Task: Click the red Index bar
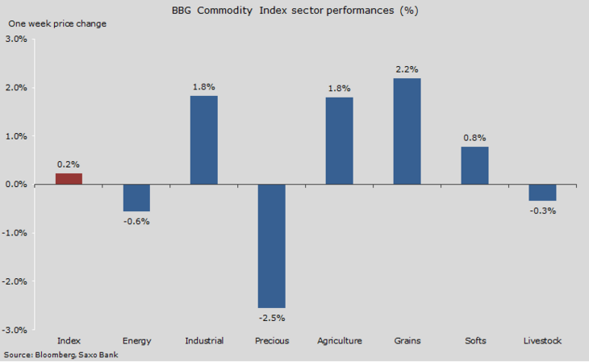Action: click(69, 179)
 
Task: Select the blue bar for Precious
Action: click(272, 246)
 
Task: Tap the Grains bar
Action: click(407, 131)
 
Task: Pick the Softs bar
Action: click(474, 165)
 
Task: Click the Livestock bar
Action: click(542, 193)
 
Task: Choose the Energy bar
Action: click(136, 198)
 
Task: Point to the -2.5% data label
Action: click(272, 317)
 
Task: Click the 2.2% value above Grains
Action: click(407, 69)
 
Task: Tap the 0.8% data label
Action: click(474, 138)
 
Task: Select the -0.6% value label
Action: click(136, 221)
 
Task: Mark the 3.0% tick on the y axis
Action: click(16, 39)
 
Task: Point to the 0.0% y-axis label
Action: click(16, 185)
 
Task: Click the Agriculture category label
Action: click(340, 341)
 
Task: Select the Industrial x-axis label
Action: click(204, 341)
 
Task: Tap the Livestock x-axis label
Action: click(542, 341)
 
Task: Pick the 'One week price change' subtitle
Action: click(56, 23)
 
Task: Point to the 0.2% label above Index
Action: click(69, 164)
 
